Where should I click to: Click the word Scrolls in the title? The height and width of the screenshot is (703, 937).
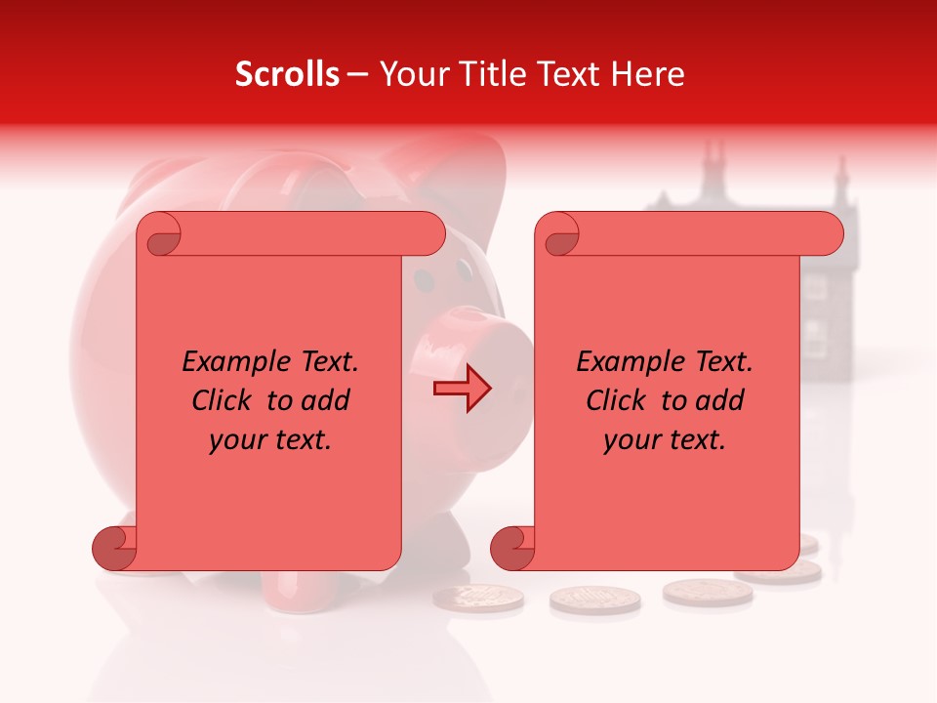[287, 74]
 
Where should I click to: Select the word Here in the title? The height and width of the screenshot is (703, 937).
[649, 74]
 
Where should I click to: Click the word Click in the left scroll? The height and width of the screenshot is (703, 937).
[224, 400]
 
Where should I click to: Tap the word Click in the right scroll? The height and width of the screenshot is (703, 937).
[618, 400]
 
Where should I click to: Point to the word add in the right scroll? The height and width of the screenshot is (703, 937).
[720, 400]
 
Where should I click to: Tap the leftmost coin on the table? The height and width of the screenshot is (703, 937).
[478, 598]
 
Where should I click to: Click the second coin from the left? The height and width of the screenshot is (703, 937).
[595, 600]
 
